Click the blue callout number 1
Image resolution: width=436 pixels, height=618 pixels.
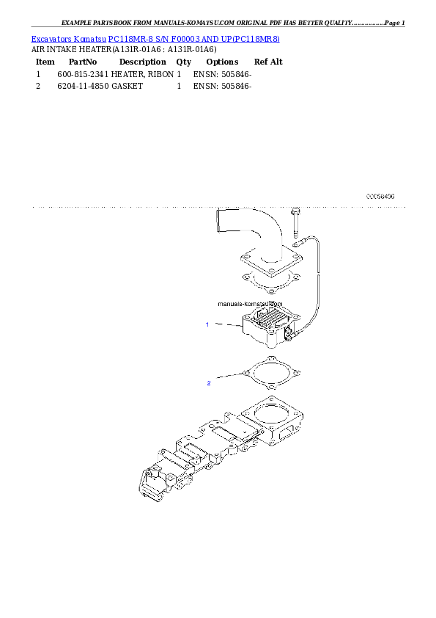(207, 324)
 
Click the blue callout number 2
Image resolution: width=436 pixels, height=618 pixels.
(209, 382)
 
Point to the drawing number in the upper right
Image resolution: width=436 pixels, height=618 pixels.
(380, 197)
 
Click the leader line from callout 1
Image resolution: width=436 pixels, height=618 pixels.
(225, 326)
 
